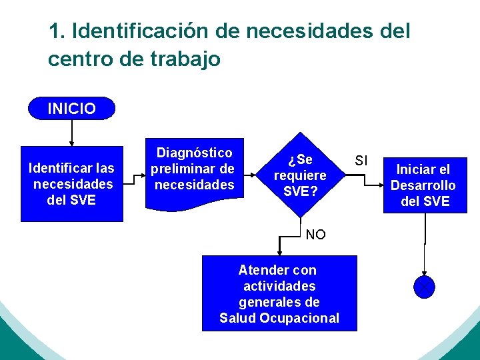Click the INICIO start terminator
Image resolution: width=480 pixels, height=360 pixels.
tap(71, 108)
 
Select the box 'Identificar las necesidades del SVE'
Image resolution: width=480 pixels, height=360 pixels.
tap(72, 183)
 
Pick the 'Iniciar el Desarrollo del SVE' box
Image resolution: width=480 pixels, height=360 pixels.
tap(425, 185)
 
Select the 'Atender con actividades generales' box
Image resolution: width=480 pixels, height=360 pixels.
tap(279, 293)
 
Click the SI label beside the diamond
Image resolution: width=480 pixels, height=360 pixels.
tap(361, 161)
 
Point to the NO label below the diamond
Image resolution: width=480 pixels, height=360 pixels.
tap(315, 235)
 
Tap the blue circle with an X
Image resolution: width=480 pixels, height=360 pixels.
tap(424, 287)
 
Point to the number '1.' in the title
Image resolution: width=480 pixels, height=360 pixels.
tap(56, 31)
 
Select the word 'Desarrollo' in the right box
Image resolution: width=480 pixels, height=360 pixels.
tap(423, 185)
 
